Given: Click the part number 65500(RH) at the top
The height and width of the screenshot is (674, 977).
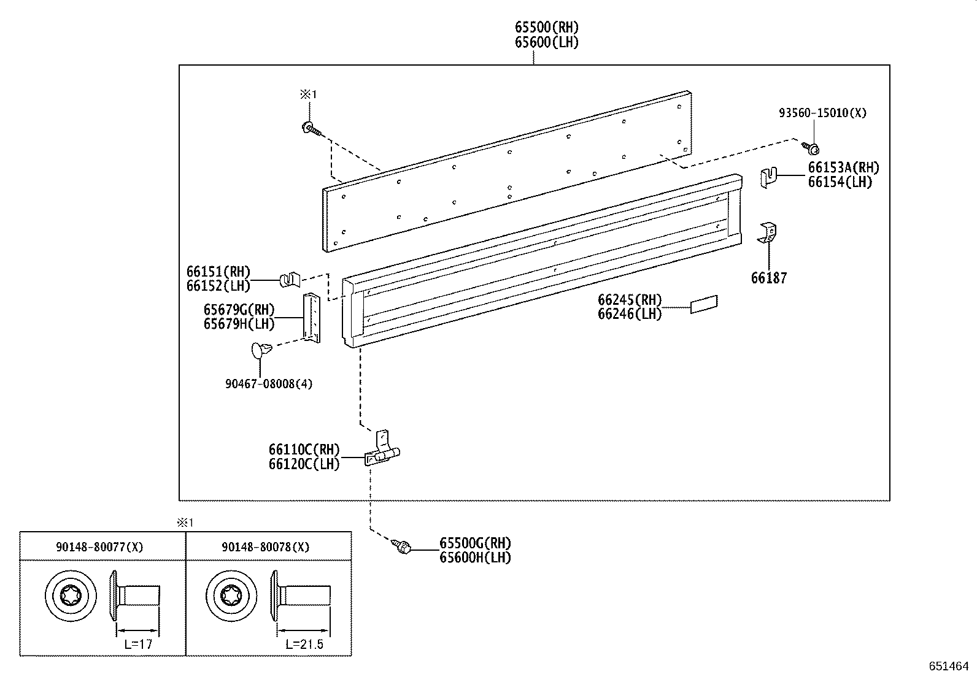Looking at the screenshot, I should (546, 27).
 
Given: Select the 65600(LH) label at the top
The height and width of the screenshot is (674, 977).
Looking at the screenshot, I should (546, 42).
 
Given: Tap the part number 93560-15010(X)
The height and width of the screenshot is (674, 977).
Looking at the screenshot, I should (822, 113).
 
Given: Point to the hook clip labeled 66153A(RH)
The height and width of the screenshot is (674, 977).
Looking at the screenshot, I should (768, 177).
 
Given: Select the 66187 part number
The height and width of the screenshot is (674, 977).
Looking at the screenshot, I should (768, 278).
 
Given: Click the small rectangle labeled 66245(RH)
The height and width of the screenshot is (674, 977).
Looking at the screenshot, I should (704, 304).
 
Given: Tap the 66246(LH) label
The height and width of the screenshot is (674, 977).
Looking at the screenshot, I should (630, 314).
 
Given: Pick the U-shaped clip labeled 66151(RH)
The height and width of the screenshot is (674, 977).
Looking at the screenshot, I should (290, 280).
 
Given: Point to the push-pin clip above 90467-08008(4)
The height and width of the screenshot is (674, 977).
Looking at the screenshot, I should (261, 351).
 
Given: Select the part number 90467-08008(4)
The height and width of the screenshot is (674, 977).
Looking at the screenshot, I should (269, 384).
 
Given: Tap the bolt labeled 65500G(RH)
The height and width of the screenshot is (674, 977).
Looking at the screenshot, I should (403, 546).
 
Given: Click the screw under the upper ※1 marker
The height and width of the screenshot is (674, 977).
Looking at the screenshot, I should (310, 129).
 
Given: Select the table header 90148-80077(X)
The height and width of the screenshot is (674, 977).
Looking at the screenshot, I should (99, 547).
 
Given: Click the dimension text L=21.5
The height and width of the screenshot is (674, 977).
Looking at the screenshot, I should (304, 644).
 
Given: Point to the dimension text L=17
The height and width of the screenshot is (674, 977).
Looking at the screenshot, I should (137, 644).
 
